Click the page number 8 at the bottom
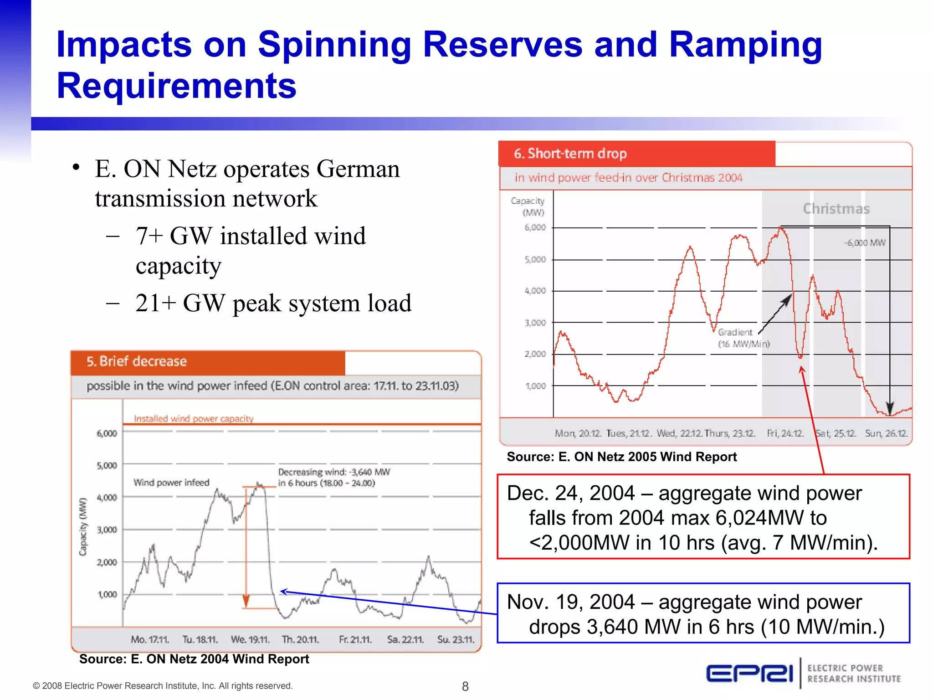click(465, 686)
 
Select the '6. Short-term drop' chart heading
click(570, 154)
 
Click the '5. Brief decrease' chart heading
click(137, 361)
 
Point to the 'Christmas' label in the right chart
click(836, 209)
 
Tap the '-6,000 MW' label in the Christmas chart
click(865, 243)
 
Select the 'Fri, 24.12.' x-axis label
click(785, 433)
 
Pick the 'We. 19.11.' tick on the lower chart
click(250, 639)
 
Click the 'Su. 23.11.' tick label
click(456, 639)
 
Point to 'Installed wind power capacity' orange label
click(193, 418)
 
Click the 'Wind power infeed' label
click(171, 483)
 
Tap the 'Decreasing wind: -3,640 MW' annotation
click(334, 472)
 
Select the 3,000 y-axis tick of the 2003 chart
click(107, 530)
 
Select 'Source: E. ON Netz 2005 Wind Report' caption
click(621, 457)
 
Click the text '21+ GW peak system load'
click(273, 303)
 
